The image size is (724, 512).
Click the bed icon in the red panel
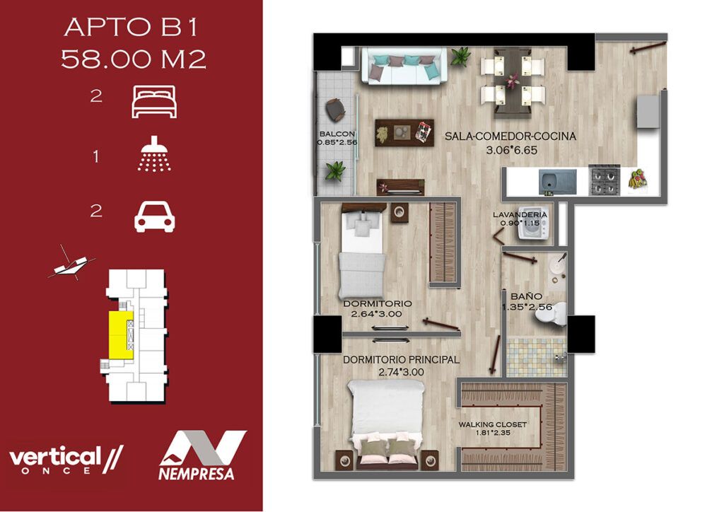click(154, 102)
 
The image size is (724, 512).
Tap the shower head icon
click(154, 154)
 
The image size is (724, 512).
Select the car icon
click(155, 216)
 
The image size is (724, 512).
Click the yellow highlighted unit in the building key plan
click(121, 334)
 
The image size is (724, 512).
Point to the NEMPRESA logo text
click(197, 474)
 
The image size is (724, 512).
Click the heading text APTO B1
click(132, 28)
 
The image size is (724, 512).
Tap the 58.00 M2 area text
click(134, 59)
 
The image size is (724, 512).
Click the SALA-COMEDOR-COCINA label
click(510, 136)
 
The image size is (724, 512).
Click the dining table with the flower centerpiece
click(512, 81)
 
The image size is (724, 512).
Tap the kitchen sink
click(558, 182)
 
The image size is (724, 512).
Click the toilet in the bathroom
click(551, 315)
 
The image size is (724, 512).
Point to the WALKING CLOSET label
click(493, 425)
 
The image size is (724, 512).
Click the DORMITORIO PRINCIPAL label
click(401, 360)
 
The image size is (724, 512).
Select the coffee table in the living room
click(404, 132)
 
